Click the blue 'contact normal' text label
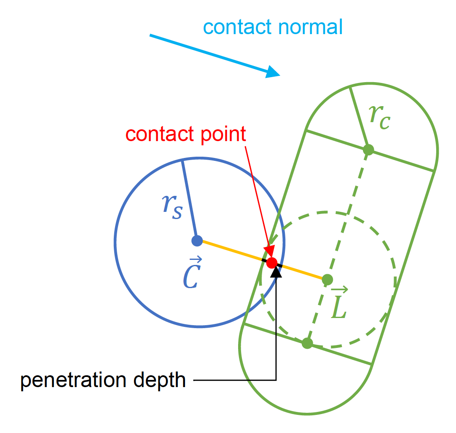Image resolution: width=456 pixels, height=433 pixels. tap(273, 27)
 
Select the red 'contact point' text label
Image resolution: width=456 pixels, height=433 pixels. tap(186, 134)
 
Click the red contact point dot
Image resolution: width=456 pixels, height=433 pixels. tap(272, 263)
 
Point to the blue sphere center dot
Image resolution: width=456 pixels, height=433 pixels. tap(197, 241)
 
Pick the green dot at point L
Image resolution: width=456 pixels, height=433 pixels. tap(327, 279)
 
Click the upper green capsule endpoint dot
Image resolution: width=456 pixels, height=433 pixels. tap(368, 149)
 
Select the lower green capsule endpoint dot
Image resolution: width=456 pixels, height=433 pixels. tap(307, 343)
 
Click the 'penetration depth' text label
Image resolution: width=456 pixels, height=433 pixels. tap(103, 380)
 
